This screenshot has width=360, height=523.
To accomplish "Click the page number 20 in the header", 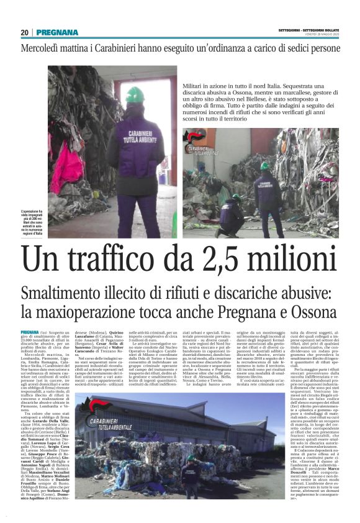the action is (24, 32).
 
